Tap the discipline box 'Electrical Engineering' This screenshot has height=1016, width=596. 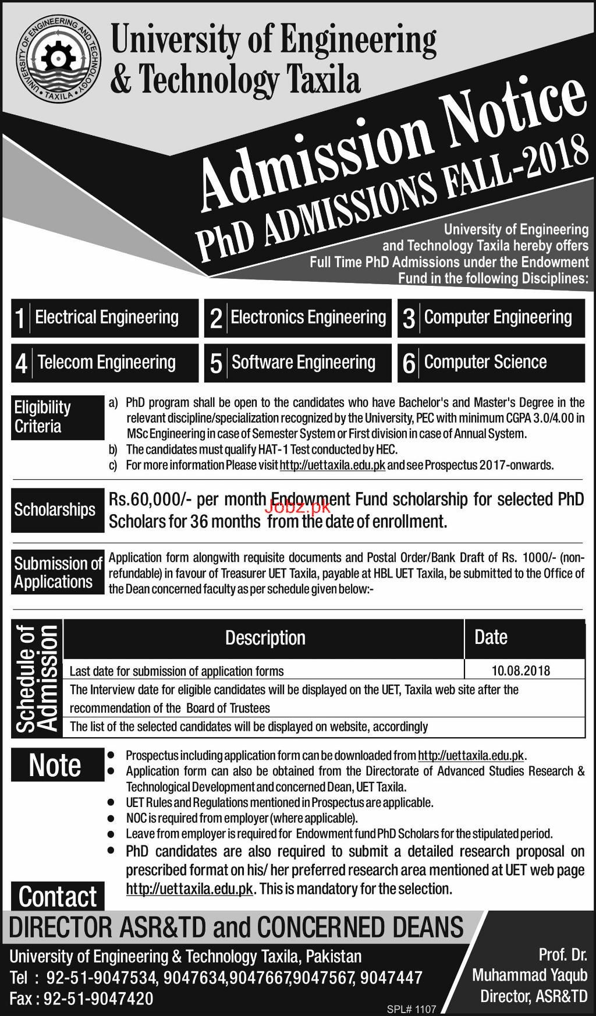[x=105, y=318]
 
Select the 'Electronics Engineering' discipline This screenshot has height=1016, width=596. [x=298, y=318]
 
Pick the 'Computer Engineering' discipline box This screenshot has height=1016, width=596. [x=491, y=318]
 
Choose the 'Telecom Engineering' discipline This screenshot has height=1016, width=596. [x=105, y=363]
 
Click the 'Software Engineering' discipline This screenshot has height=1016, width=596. [x=298, y=363]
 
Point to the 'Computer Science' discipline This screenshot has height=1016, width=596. [x=491, y=363]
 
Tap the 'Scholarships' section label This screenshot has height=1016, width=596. [x=55, y=510]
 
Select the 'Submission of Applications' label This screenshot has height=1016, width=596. [x=58, y=573]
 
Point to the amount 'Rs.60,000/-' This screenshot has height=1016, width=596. [x=144, y=500]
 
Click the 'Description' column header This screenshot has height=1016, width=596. [x=265, y=638]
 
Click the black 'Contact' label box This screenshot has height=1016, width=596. [x=58, y=897]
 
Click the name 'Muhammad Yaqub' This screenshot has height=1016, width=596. [x=530, y=975]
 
